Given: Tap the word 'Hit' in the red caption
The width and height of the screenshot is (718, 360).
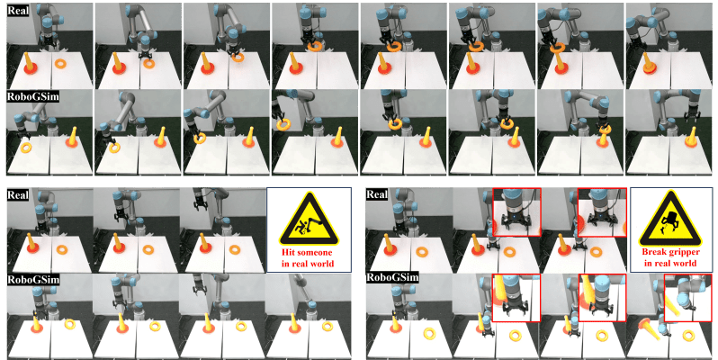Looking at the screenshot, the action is pos(290,252).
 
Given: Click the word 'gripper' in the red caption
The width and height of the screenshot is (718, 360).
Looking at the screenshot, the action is pos(683,253).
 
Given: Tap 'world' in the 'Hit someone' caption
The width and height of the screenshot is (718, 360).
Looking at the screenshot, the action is pos(323,264).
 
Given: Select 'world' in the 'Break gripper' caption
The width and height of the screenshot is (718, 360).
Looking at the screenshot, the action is pos(685,263).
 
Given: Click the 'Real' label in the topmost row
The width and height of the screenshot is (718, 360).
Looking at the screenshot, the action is pos(18,10).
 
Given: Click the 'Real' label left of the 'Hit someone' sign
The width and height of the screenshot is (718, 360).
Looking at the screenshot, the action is pos(18,194).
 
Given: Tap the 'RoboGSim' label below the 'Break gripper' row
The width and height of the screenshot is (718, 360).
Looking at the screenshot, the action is pos(392,277).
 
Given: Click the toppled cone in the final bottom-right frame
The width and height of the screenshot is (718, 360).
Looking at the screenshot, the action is pos(650,329).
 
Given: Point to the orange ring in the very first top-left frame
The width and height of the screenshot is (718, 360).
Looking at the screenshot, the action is pos(61,64).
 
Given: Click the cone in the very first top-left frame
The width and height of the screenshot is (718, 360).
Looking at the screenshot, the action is pos(30,63).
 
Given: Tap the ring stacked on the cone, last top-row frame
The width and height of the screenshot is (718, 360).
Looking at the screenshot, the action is pos(650,68).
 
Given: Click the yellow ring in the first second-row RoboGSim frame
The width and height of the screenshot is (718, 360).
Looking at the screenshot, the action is pos(26,148).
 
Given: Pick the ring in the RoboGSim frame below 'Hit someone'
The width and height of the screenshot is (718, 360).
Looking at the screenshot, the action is pos(327,326).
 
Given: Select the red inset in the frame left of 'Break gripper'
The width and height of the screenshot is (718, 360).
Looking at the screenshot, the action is pos(602,212).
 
